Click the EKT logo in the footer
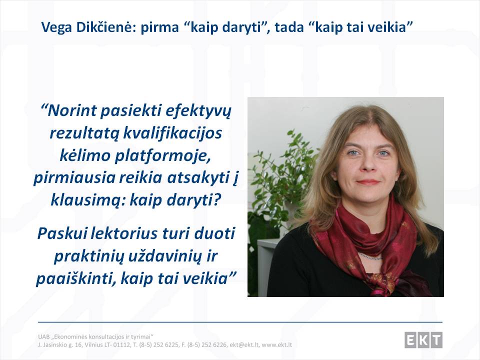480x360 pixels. [423, 340]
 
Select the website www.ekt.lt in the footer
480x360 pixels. [276, 345]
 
